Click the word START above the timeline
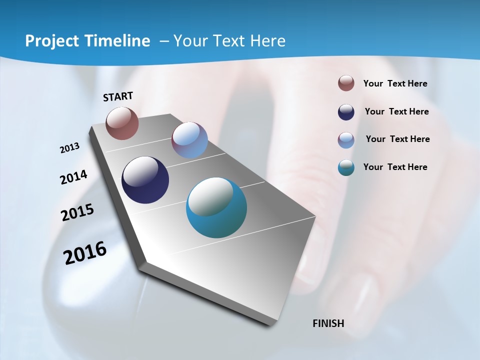click(118, 96)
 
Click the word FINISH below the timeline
click(328, 323)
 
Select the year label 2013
click(70, 148)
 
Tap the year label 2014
click(74, 177)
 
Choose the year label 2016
click(85, 253)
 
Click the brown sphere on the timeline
click(122, 123)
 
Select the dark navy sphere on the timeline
click(145, 180)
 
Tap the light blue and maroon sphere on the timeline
click(189, 140)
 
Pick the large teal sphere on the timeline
click(216, 207)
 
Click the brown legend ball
click(346, 83)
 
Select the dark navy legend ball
click(346, 112)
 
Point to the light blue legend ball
click(346, 140)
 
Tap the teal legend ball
click(346, 167)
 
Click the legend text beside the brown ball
click(395, 84)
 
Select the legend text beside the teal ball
click(395, 167)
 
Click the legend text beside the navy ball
click(396, 111)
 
